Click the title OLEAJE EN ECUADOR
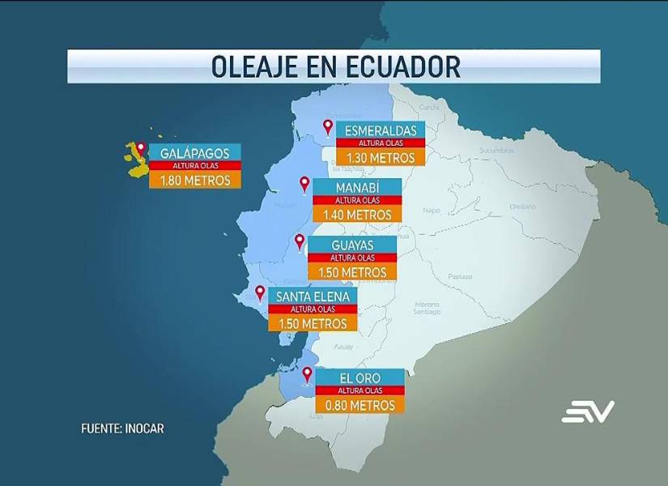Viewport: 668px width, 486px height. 334,66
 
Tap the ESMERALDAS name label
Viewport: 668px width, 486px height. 380,130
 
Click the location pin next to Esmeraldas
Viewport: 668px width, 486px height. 328,126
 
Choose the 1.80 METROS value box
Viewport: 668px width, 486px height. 194,180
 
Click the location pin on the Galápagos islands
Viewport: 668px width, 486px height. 141,149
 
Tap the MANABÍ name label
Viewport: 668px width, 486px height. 357,188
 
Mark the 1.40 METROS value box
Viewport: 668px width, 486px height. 357,215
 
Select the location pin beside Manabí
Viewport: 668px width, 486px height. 304,184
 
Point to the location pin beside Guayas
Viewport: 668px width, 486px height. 300,241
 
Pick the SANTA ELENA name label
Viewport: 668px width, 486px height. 313,296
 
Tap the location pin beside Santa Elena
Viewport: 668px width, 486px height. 260,292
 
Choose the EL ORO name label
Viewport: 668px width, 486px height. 359,377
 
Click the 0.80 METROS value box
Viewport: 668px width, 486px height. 359,404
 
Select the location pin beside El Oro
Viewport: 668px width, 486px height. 307,374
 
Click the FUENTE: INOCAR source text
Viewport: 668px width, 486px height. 122,428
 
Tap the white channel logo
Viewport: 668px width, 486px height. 588,411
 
